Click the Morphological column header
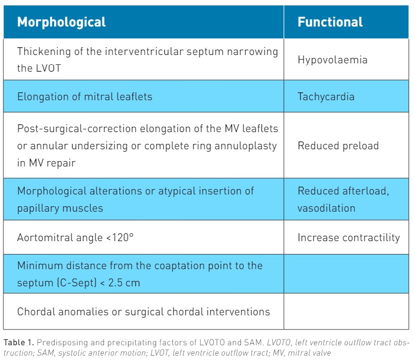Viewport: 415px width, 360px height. tap(61, 22)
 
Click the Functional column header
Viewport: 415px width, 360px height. tap(330, 22)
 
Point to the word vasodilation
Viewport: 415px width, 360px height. tap(326, 208)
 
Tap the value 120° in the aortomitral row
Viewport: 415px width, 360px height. tap(123, 237)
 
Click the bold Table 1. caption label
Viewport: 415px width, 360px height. tap(19, 342)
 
